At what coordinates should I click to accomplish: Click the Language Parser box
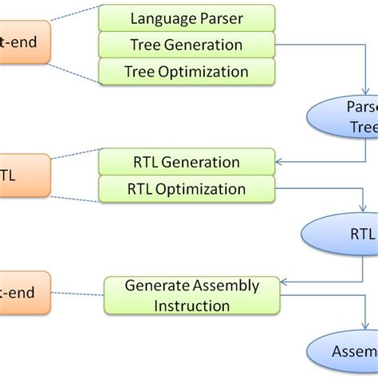click(x=187, y=17)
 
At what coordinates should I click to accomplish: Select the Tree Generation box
click(x=187, y=45)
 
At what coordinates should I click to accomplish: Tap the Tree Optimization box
click(x=187, y=72)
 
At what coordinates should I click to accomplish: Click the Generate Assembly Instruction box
click(x=191, y=295)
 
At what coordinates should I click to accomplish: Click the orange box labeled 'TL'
click(x=24, y=175)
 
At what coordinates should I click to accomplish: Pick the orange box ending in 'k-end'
click(x=24, y=293)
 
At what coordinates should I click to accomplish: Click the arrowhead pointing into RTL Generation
click(x=278, y=162)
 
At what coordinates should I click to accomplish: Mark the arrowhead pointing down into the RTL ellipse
click(x=365, y=211)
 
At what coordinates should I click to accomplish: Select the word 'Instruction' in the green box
click(x=191, y=305)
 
